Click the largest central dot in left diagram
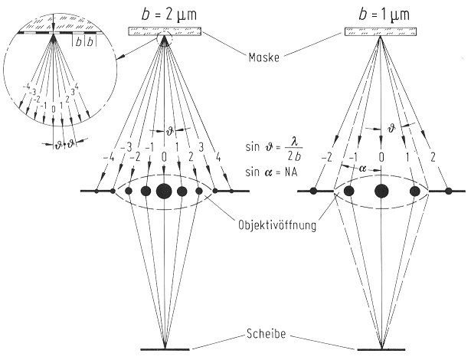[164, 191]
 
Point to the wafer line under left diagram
[164, 349]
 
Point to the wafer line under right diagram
[381, 349]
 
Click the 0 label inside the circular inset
[52, 110]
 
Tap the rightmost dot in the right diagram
[449, 191]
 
